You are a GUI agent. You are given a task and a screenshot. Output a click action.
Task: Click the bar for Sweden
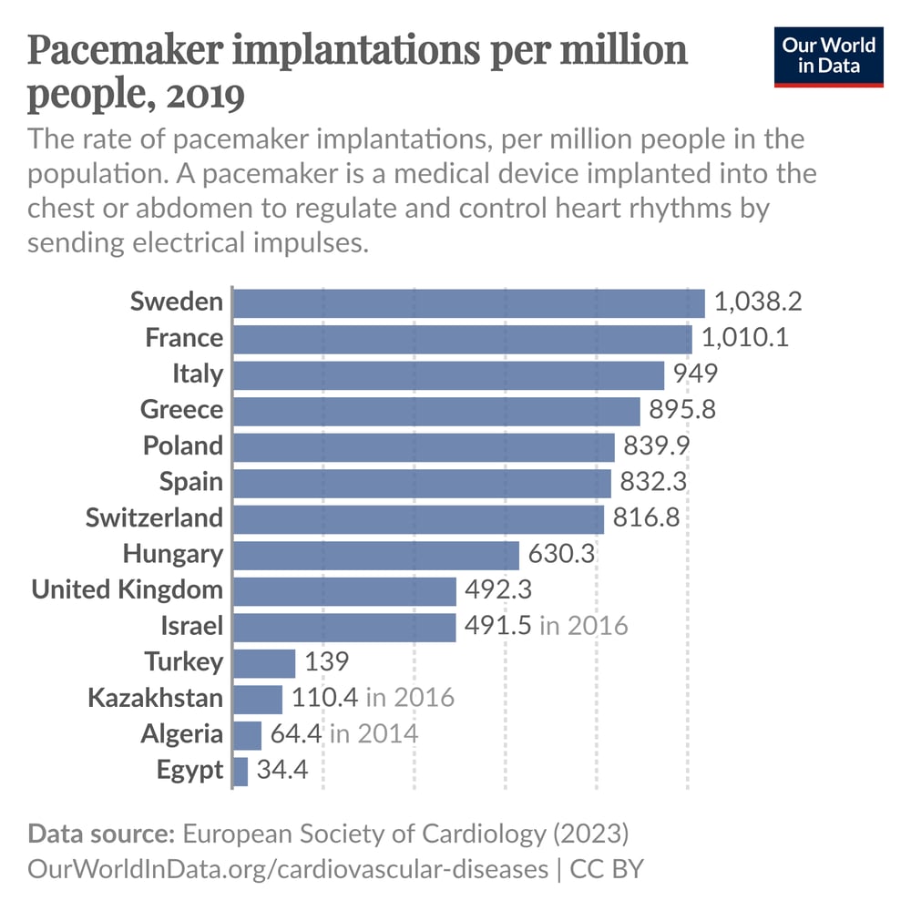coord(469,302)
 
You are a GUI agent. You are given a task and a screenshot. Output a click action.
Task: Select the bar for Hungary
coord(376,555)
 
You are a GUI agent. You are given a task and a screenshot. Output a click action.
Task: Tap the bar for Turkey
coord(264,662)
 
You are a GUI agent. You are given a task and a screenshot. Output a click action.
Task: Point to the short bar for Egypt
coord(241,771)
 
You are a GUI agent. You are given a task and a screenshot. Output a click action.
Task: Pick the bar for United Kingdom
coord(344,590)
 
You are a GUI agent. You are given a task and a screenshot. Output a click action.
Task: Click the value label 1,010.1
coord(744,339)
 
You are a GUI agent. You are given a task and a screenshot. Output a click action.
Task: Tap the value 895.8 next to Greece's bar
coord(682,410)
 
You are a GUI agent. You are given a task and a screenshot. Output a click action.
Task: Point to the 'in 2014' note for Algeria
coord(374,734)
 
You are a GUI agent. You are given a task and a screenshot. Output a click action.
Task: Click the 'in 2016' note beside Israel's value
coord(583,626)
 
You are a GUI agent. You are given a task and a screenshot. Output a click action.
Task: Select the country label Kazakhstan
coord(155,699)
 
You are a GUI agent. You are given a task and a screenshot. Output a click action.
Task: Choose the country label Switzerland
coord(154,518)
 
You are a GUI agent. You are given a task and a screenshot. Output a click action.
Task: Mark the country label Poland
coord(182,446)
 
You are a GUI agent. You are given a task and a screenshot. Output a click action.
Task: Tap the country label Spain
coord(190,482)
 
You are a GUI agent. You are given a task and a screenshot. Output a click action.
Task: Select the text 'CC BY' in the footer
coord(607,868)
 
